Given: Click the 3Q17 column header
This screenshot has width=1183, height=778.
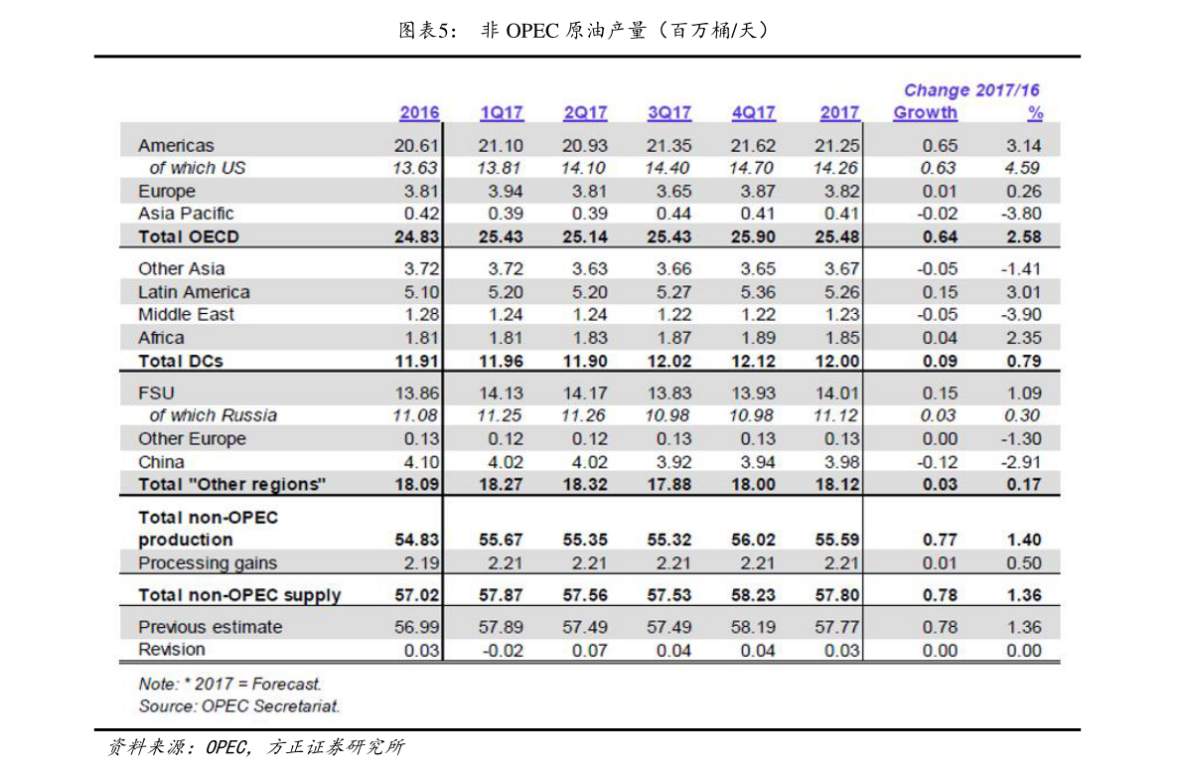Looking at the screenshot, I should click(669, 113).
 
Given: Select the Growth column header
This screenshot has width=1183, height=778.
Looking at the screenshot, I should click(925, 113).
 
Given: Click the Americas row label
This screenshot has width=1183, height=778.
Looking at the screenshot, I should click(176, 146).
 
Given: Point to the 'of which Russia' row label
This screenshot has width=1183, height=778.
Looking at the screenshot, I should click(213, 415).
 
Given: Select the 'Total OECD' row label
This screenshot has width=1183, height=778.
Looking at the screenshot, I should click(189, 236).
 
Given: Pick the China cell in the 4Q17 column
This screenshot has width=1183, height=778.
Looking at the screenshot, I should click(753, 462).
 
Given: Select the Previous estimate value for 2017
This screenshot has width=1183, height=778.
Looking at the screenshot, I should click(837, 627).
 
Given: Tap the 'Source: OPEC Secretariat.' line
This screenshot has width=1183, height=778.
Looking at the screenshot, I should click(238, 706).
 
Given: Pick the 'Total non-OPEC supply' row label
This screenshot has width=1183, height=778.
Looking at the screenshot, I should click(239, 596).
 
